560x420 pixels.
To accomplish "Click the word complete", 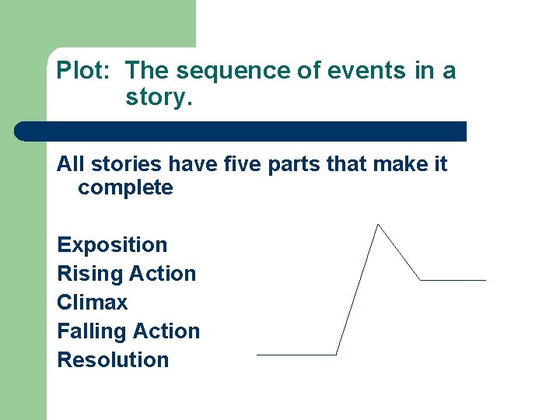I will (x=125, y=187).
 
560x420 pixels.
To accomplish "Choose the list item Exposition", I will (x=112, y=245).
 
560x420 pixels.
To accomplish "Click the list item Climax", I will (x=92, y=303).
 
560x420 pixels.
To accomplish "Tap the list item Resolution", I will (x=113, y=360).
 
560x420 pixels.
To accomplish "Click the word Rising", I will (x=79, y=274).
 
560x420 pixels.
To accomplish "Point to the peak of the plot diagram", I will (x=377, y=225).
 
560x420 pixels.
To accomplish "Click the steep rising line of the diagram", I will (x=357, y=289).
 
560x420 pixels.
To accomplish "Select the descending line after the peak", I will (x=399, y=253).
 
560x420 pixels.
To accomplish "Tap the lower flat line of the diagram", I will (x=296, y=355).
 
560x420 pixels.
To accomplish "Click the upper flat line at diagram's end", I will (x=453, y=280).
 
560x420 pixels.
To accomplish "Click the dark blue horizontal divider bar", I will (x=241, y=131).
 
